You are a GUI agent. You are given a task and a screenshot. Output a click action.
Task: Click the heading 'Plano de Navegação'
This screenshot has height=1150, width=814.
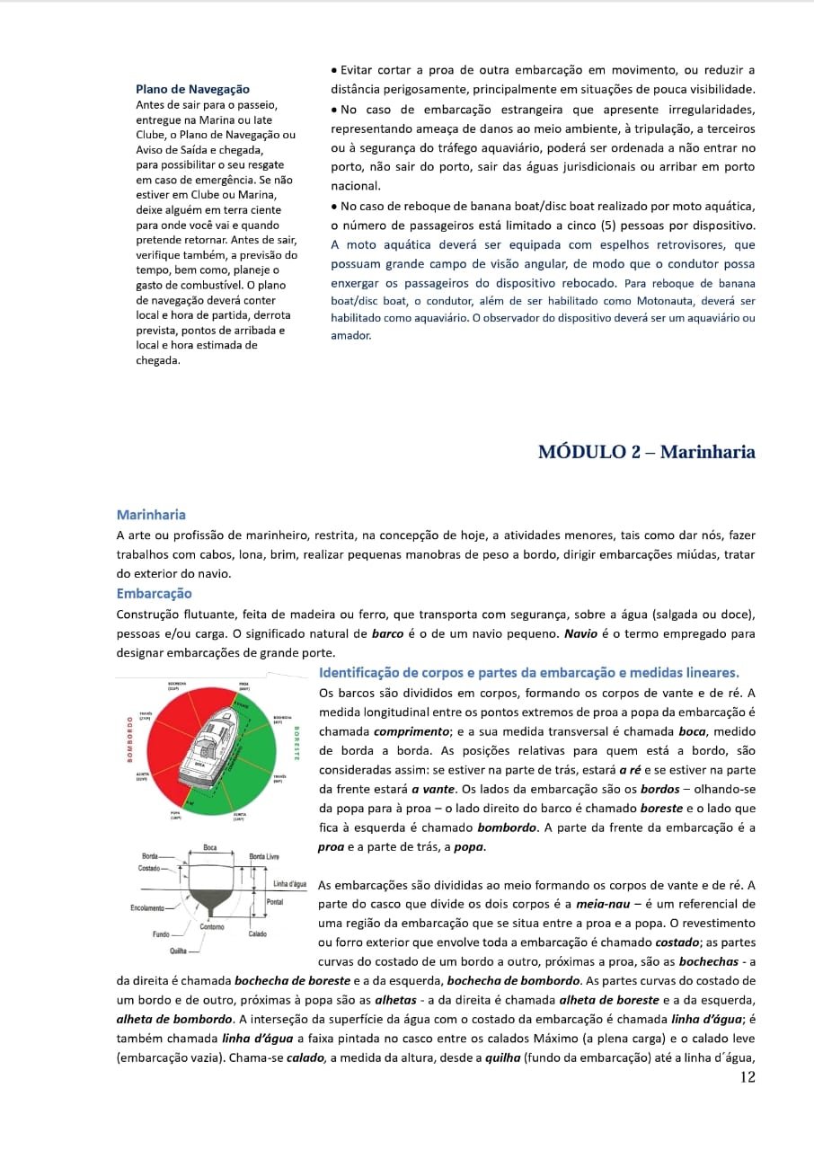coord(192,89)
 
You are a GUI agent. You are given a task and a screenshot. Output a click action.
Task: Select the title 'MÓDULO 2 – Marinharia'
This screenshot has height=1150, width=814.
coord(646,452)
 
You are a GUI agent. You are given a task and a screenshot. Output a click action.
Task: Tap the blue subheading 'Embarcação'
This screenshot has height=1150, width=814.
coord(154,593)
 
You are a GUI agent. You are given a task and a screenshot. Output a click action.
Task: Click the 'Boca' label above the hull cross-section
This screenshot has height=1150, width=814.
coord(209,847)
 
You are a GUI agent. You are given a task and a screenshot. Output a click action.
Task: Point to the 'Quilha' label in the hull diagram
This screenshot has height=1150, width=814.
coord(178,950)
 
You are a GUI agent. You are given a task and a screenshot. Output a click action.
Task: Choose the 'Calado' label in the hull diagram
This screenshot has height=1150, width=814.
coord(259,933)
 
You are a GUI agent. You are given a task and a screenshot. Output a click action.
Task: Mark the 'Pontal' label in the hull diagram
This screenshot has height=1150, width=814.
coord(276,900)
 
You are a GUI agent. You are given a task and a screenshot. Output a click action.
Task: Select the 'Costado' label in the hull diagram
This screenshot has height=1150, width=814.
coord(149,869)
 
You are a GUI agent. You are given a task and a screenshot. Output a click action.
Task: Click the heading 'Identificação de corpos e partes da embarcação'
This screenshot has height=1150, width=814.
coord(529,672)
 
